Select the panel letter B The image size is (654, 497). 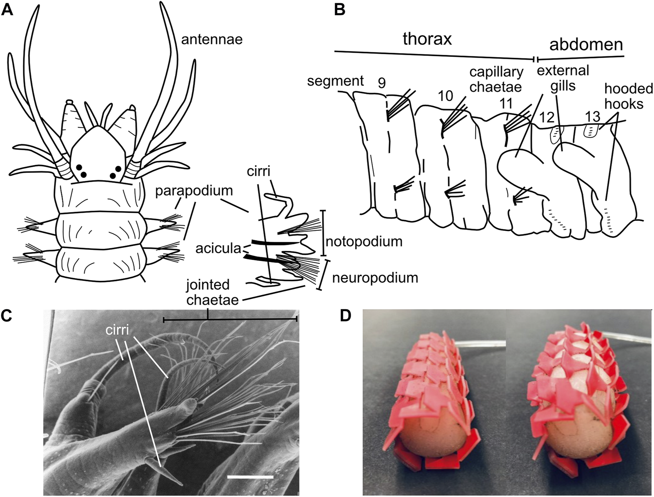click(x=340, y=10)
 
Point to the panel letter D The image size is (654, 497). click(x=345, y=316)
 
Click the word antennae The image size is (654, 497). click(x=212, y=40)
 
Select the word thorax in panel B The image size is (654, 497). click(x=427, y=39)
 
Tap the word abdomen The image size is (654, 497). click(x=586, y=45)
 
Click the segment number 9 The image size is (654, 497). click(x=381, y=83)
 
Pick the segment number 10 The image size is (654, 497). click(x=446, y=96)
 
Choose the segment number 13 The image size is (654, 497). click(x=593, y=117)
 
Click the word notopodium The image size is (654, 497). click(x=364, y=241)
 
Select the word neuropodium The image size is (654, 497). click(x=375, y=278)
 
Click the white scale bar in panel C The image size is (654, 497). click(x=250, y=476)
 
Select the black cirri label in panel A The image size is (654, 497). click(x=258, y=171)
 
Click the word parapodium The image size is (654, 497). click(x=196, y=191)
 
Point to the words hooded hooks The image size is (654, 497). click(x=628, y=96)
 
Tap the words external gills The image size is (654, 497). click(x=563, y=78)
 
